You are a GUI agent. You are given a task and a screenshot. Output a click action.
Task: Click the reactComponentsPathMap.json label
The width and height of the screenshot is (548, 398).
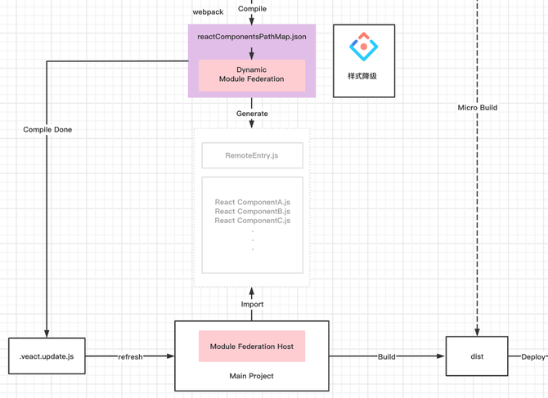(252, 37)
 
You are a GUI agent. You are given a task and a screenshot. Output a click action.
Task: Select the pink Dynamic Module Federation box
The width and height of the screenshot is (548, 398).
(252, 75)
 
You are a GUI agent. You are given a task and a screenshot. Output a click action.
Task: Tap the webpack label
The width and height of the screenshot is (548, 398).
(208, 12)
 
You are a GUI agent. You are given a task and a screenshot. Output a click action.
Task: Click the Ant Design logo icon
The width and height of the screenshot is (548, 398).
(363, 47)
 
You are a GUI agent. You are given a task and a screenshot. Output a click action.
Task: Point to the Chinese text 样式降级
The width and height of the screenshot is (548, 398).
(362, 76)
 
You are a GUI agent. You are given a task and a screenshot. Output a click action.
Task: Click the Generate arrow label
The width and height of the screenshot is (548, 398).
(252, 114)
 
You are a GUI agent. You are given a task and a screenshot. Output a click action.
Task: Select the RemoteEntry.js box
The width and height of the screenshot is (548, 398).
(253, 155)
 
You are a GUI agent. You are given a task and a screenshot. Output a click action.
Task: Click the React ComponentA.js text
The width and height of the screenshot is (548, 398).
(253, 202)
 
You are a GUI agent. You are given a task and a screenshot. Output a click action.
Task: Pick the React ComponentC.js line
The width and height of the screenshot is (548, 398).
(253, 221)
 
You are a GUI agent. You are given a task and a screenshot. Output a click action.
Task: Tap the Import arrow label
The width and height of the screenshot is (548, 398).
(252, 304)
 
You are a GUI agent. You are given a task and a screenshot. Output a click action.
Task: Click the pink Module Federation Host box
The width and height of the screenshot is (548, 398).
(252, 346)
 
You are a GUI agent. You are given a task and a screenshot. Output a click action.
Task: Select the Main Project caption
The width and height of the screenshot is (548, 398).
(252, 376)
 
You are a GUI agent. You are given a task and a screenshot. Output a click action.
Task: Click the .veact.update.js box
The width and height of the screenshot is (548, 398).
(47, 356)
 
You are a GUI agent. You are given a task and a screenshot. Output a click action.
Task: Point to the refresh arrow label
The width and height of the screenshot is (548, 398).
(130, 357)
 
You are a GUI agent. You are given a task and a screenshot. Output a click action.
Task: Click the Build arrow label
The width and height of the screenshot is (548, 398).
(387, 357)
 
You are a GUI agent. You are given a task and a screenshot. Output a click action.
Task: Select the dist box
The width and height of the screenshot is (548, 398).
(477, 356)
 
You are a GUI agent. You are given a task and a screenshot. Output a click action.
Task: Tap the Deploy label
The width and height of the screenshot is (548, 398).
(533, 357)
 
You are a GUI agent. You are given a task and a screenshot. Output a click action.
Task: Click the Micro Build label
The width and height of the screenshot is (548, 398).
(478, 108)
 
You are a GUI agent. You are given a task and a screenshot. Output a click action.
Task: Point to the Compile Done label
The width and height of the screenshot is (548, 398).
(47, 129)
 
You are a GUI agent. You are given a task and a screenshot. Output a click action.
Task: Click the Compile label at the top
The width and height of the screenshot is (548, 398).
(252, 9)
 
